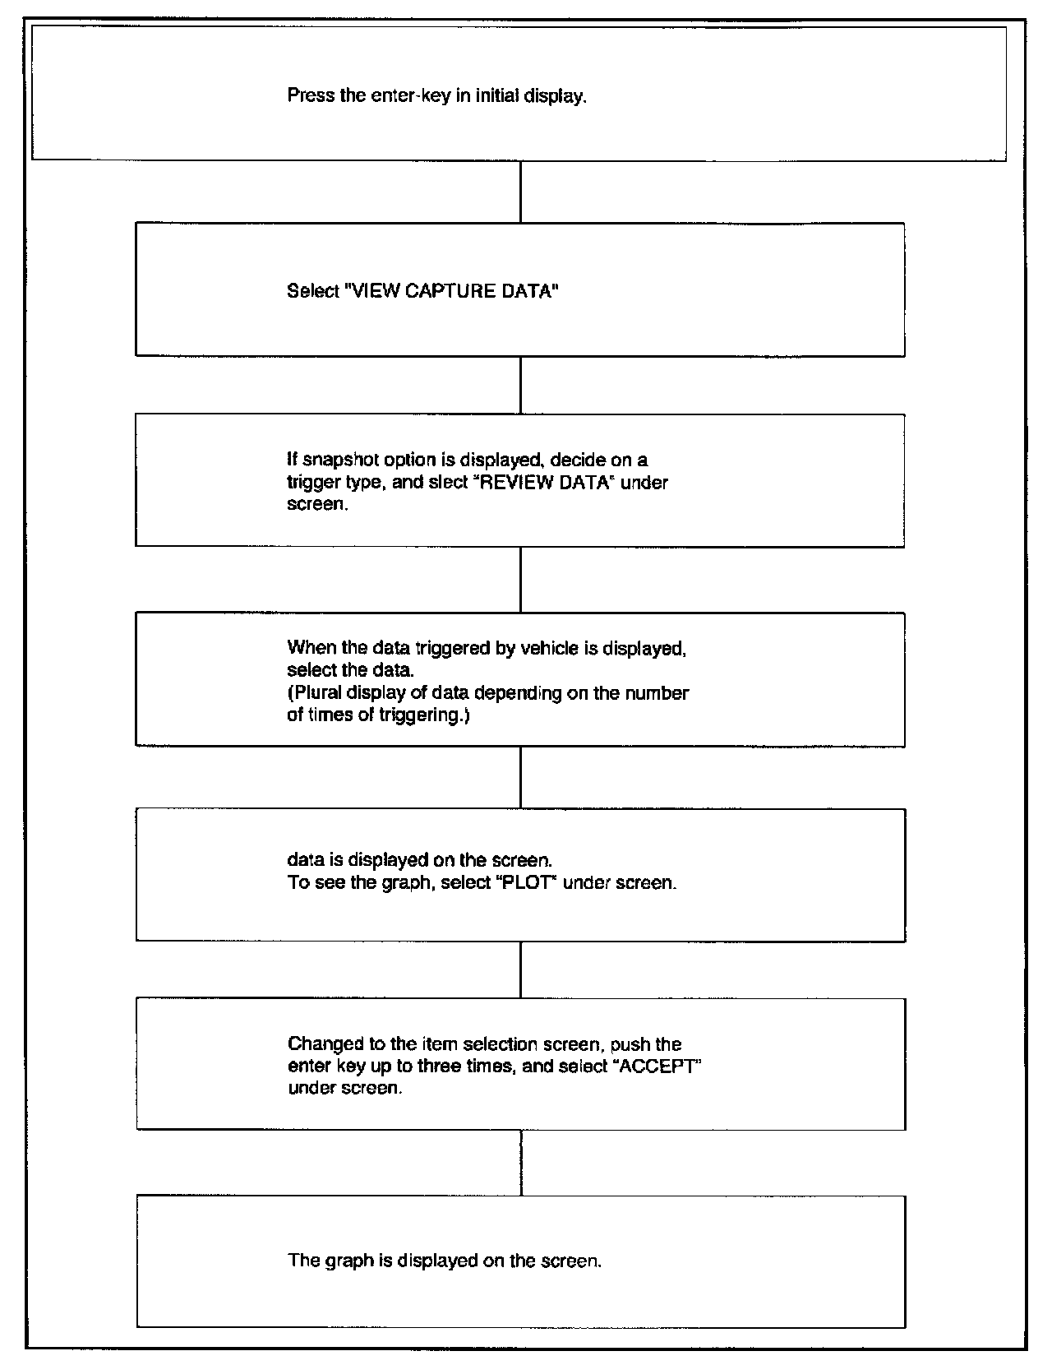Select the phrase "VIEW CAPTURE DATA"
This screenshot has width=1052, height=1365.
(451, 291)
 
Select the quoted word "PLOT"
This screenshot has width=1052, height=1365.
(528, 885)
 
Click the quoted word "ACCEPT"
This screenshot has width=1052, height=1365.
(662, 1067)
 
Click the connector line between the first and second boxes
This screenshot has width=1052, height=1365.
(520, 191)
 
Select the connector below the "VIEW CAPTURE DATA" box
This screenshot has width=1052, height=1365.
(520, 385)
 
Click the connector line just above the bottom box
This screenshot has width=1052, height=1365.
(521, 1163)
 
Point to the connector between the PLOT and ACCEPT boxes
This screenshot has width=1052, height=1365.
(521, 969)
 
